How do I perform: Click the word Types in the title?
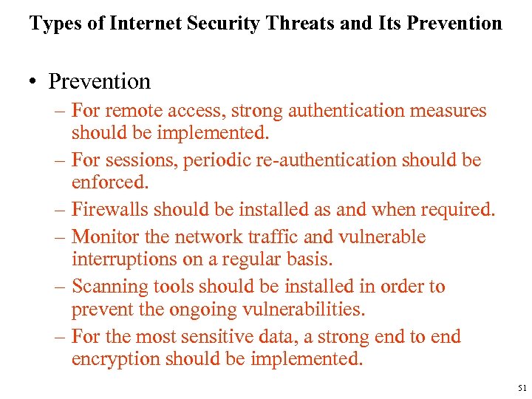(x=53, y=23)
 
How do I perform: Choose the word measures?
(x=449, y=111)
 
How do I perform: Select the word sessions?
(x=137, y=160)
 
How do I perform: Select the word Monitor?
(x=105, y=237)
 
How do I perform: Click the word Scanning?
(x=108, y=287)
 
